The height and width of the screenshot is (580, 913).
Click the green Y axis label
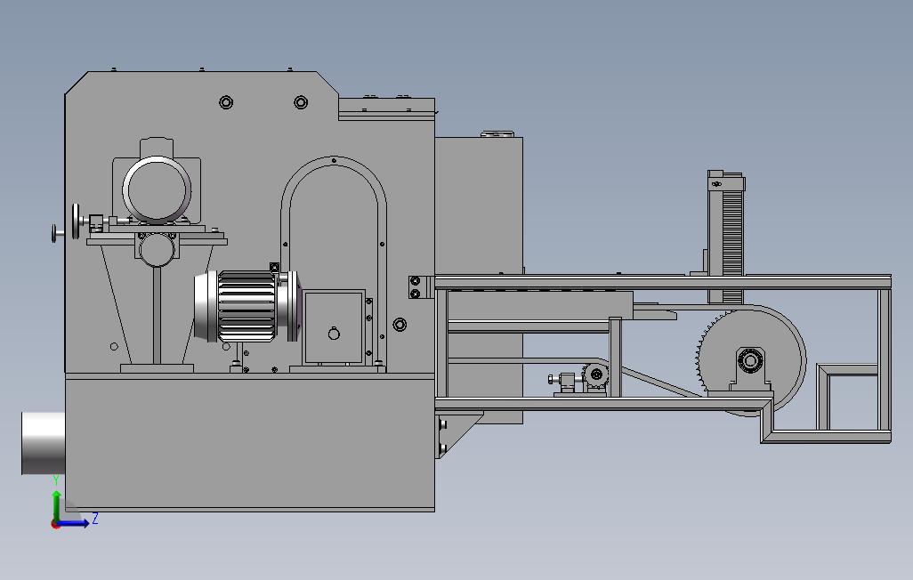(56, 480)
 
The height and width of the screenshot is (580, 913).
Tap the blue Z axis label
(95, 519)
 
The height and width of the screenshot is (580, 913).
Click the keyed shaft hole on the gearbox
(334, 334)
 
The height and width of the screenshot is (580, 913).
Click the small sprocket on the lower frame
(594, 375)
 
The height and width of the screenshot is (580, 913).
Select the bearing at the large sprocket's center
(750, 362)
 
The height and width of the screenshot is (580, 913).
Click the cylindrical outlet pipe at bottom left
(43, 443)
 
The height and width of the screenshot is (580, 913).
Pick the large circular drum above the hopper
(157, 189)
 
